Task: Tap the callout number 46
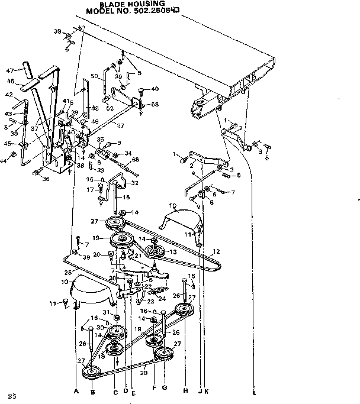[11, 82]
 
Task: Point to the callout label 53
[155, 104]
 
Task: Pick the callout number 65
[136, 160]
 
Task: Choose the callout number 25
[67, 272]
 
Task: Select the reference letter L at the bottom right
[254, 392]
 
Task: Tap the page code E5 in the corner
[10, 395]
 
